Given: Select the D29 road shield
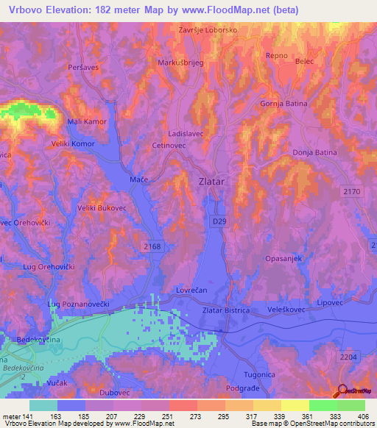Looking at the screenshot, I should tap(220, 221).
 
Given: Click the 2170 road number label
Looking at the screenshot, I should tap(351, 191).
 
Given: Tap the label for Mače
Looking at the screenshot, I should tap(139, 179).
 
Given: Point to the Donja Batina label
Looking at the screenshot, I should tap(314, 152).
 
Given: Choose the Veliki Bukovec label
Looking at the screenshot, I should tap(102, 208).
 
